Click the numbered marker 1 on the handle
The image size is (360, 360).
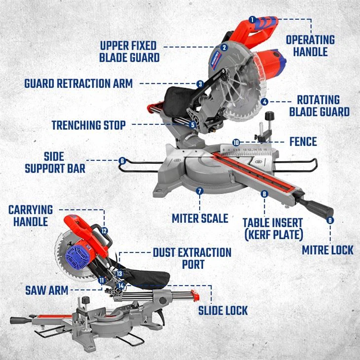point(252,20)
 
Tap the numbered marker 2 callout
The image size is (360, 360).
point(224,48)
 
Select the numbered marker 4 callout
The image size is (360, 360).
point(265,102)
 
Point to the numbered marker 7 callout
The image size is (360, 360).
point(199,191)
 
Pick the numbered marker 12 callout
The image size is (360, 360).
point(104,230)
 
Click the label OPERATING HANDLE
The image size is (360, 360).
point(310,45)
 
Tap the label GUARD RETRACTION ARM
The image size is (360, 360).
point(78,83)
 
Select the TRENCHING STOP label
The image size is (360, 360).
point(88,125)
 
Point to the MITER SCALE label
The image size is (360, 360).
point(200,217)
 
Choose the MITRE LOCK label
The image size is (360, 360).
point(327,250)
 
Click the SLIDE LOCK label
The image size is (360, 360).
point(223,310)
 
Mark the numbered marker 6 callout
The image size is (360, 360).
point(122,161)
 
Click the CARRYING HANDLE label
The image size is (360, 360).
point(30,216)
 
